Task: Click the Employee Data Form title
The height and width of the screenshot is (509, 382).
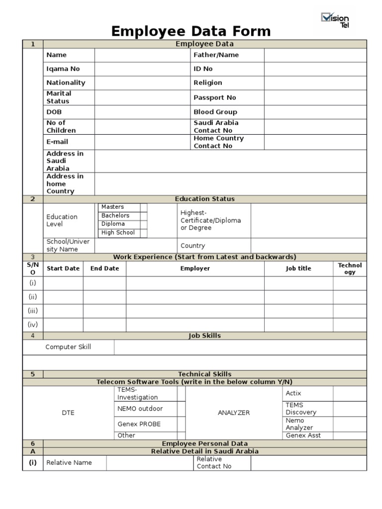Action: [x=191, y=31]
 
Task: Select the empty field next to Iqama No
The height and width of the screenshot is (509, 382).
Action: [x=141, y=69]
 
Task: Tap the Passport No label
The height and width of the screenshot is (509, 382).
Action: [x=215, y=97]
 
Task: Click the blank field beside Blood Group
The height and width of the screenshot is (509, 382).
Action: [x=315, y=112]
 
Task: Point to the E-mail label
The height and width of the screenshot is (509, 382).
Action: [x=57, y=142]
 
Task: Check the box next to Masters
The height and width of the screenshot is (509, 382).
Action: [x=144, y=207]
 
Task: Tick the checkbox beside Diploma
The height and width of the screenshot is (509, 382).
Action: [x=144, y=224]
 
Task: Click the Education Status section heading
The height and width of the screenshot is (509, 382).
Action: [x=204, y=199]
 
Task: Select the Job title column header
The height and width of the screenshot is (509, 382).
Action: [x=298, y=268]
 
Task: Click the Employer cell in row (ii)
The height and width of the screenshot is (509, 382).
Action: [x=195, y=297]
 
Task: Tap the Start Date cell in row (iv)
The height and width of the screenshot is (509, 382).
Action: [x=63, y=325]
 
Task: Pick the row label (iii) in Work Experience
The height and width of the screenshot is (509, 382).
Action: [x=33, y=311]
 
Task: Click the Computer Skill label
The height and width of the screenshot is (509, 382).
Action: [x=68, y=347]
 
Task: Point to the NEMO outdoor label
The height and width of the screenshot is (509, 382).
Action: [x=140, y=409]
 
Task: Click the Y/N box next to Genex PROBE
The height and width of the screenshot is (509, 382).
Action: [x=181, y=424]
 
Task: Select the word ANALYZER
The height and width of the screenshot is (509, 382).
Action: [x=234, y=413]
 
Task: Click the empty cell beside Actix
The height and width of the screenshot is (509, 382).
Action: [x=350, y=393]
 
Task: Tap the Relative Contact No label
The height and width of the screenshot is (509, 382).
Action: [x=214, y=463]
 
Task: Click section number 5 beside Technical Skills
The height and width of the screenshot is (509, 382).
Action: [x=33, y=374]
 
